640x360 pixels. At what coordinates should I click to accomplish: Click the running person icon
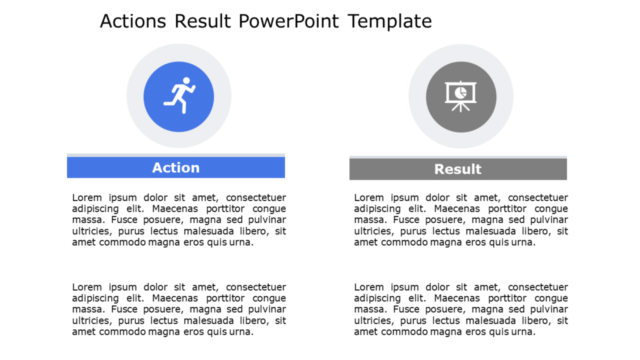[179, 96]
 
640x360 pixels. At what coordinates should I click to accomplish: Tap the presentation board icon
[461, 96]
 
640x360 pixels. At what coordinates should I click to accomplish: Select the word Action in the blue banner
[176, 167]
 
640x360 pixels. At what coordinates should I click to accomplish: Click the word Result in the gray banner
[457, 169]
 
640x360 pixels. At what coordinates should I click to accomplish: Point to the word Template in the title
[390, 21]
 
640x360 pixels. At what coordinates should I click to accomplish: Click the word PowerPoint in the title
[288, 21]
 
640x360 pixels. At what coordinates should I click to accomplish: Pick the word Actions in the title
[133, 21]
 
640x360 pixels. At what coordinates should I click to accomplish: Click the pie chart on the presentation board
[461, 92]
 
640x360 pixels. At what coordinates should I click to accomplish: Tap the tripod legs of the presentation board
[461, 107]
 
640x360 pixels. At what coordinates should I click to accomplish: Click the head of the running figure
[186, 81]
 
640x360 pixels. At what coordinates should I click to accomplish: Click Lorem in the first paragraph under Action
[86, 198]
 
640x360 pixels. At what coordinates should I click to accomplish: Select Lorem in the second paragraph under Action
[86, 287]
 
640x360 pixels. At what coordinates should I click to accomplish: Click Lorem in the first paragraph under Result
[367, 198]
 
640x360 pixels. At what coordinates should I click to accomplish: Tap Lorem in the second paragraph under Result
[367, 287]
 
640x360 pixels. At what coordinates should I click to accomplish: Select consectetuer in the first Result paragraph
[538, 198]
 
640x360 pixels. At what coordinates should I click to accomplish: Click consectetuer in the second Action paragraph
[256, 287]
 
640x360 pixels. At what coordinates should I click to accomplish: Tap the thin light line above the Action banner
[176, 155]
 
